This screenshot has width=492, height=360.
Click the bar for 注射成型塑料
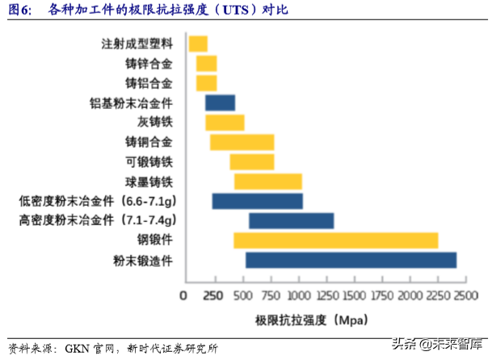(198, 44)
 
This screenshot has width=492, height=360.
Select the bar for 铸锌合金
(207, 64)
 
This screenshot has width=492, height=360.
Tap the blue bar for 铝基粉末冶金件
(220, 103)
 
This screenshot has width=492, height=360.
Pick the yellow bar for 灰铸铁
(225, 123)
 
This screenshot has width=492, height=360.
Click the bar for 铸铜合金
(242, 142)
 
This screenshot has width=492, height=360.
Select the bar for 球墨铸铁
(267, 182)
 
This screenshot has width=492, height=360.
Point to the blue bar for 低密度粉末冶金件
(257, 201)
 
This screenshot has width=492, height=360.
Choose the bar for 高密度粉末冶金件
(291, 220)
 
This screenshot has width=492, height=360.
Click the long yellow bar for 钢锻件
(335, 241)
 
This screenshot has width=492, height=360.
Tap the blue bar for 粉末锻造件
(351, 260)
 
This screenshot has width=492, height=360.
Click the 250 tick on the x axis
(212, 295)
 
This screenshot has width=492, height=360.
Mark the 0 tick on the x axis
(183, 295)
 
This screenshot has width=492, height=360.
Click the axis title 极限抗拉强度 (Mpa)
(302, 319)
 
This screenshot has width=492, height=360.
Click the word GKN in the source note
(78, 349)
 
